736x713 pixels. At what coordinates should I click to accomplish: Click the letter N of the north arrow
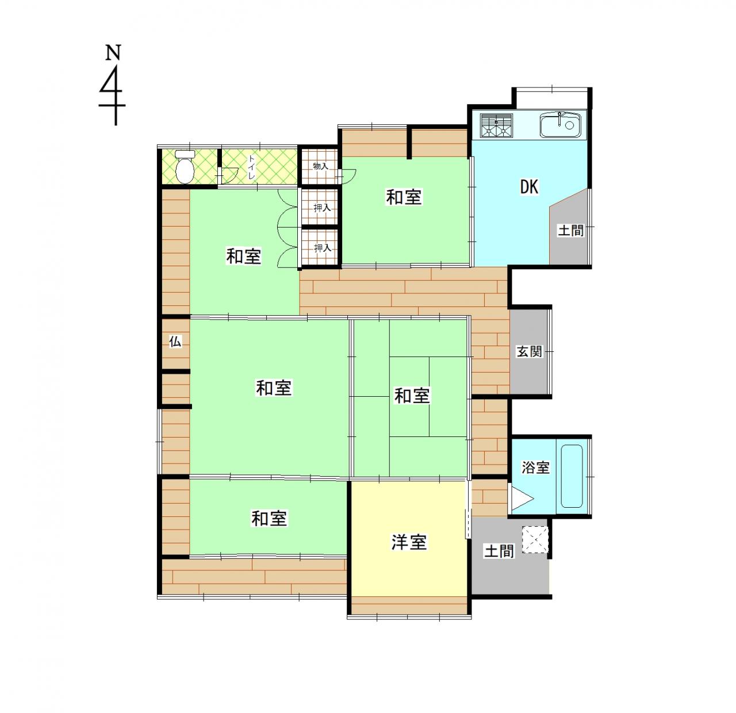113,52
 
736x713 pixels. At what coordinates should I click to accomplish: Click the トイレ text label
251,167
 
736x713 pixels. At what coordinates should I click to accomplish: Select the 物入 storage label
320,166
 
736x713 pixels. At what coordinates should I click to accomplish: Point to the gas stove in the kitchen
497,125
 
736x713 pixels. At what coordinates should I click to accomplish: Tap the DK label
529,186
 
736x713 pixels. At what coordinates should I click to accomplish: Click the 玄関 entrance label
529,352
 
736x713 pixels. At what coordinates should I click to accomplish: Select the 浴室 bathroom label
535,467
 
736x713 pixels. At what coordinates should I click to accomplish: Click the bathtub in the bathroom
572,476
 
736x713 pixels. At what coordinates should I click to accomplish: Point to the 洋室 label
409,542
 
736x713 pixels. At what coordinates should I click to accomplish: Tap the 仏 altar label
175,342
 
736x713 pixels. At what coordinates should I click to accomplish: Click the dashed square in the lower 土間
535,540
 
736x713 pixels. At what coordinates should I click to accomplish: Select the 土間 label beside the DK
571,230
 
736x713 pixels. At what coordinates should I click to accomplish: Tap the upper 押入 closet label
322,208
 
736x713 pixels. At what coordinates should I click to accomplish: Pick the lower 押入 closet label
323,248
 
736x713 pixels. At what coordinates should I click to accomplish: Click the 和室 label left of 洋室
269,519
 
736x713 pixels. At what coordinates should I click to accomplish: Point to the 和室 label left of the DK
404,197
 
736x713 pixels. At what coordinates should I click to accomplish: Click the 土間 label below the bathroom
499,551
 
